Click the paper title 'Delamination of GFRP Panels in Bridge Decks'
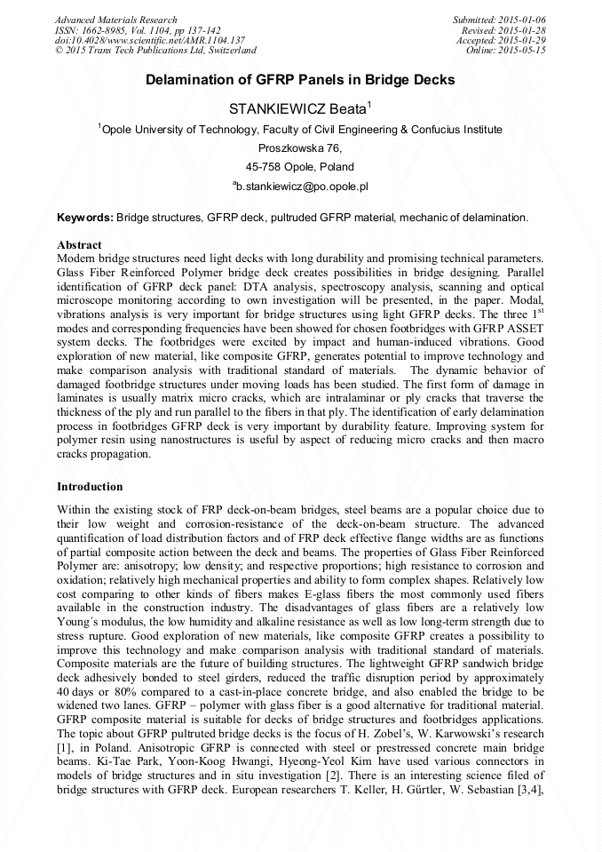300,80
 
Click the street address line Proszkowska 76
300,148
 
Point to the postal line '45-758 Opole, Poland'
300,167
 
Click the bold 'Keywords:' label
85,218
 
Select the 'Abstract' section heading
79,244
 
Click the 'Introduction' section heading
90,487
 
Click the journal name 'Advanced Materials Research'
115,20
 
